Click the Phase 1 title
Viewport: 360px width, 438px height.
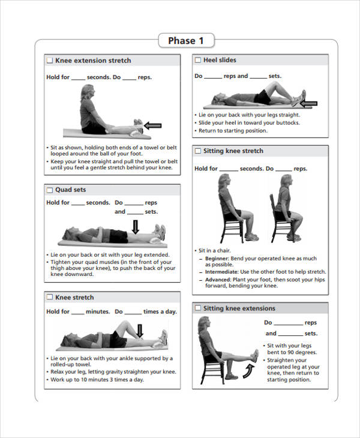pos(186,41)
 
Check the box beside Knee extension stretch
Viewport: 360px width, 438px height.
pos(50,61)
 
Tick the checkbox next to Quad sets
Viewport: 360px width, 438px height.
pos(50,190)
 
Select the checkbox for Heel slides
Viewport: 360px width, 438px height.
pos(198,60)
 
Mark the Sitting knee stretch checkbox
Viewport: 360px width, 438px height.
pos(198,151)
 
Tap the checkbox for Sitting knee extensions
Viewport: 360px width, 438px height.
pos(198,308)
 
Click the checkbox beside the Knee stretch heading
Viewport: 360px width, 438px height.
pos(50,298)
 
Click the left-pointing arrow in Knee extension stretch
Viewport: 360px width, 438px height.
pos(153,125)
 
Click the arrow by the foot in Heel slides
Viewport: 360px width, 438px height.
pos(308,104)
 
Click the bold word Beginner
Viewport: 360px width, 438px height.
pos(217,258)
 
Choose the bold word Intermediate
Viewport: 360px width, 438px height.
pos(221,271)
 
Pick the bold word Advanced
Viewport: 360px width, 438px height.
pos(218,280)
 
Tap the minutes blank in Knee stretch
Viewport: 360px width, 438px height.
pos(78,312)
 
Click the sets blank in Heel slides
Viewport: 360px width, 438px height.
pos(258,77)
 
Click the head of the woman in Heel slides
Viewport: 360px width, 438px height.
pos(215,98)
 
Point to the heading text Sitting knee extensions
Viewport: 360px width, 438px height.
pos(239,308)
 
